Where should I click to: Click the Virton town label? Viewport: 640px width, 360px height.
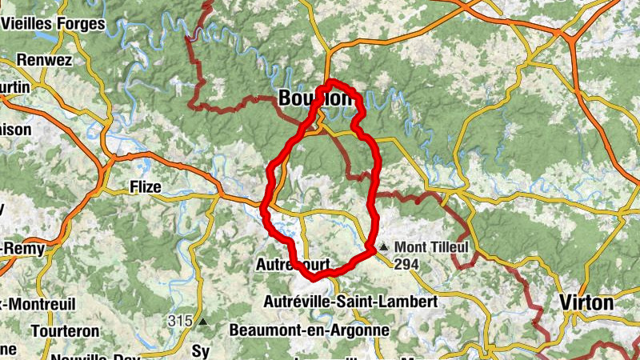coord(587,303)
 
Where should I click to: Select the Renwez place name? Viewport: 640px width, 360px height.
coord(45,60)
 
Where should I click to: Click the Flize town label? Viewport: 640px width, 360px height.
coord(145,187)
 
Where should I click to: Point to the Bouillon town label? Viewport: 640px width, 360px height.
coord(315,98)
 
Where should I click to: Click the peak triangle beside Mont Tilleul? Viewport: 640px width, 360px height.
coord(385,247)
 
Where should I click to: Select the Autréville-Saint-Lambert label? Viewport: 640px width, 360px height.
coord(350,302)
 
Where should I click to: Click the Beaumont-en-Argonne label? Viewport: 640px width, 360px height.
coord(309,330)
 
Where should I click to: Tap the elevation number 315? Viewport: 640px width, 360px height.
coord(181,321)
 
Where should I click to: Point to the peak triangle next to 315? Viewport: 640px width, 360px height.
coord(202,322)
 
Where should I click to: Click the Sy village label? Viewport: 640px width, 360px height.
coord(200,350)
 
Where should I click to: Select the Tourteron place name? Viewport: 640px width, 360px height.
coord(66,330)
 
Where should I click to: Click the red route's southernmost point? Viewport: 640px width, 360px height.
coord(311,278)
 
